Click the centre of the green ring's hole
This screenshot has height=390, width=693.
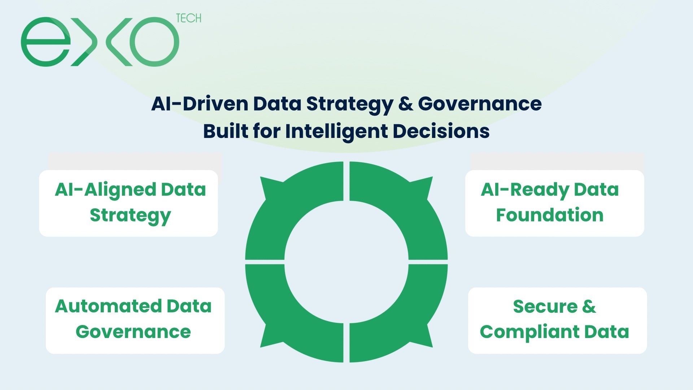point(346,262)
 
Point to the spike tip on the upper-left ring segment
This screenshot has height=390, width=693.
point(260,177)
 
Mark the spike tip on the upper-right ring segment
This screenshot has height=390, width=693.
point(433,177)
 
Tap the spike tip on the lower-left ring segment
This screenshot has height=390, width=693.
point(260,347)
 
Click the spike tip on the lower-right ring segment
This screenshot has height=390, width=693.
point(433,347)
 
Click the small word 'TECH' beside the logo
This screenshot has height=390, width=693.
point(188,18)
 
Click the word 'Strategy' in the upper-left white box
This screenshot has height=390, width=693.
point(130,216)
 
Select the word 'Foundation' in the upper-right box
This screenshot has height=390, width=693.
point(550,215)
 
